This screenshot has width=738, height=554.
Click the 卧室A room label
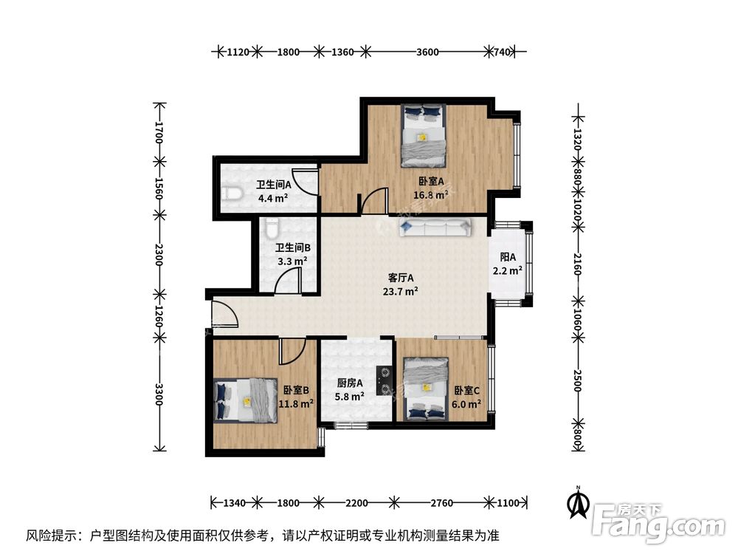(431, 182)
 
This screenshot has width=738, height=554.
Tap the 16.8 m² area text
(431, 196)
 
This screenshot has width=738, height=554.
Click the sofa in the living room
(435, 228)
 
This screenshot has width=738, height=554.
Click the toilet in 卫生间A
(232, 194)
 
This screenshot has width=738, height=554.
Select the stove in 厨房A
(384, 380)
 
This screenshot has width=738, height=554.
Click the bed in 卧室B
(245, 400)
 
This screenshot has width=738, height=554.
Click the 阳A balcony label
(508, 258)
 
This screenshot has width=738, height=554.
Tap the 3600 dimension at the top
(428, 52)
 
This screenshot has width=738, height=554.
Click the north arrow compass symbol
(578, 504)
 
